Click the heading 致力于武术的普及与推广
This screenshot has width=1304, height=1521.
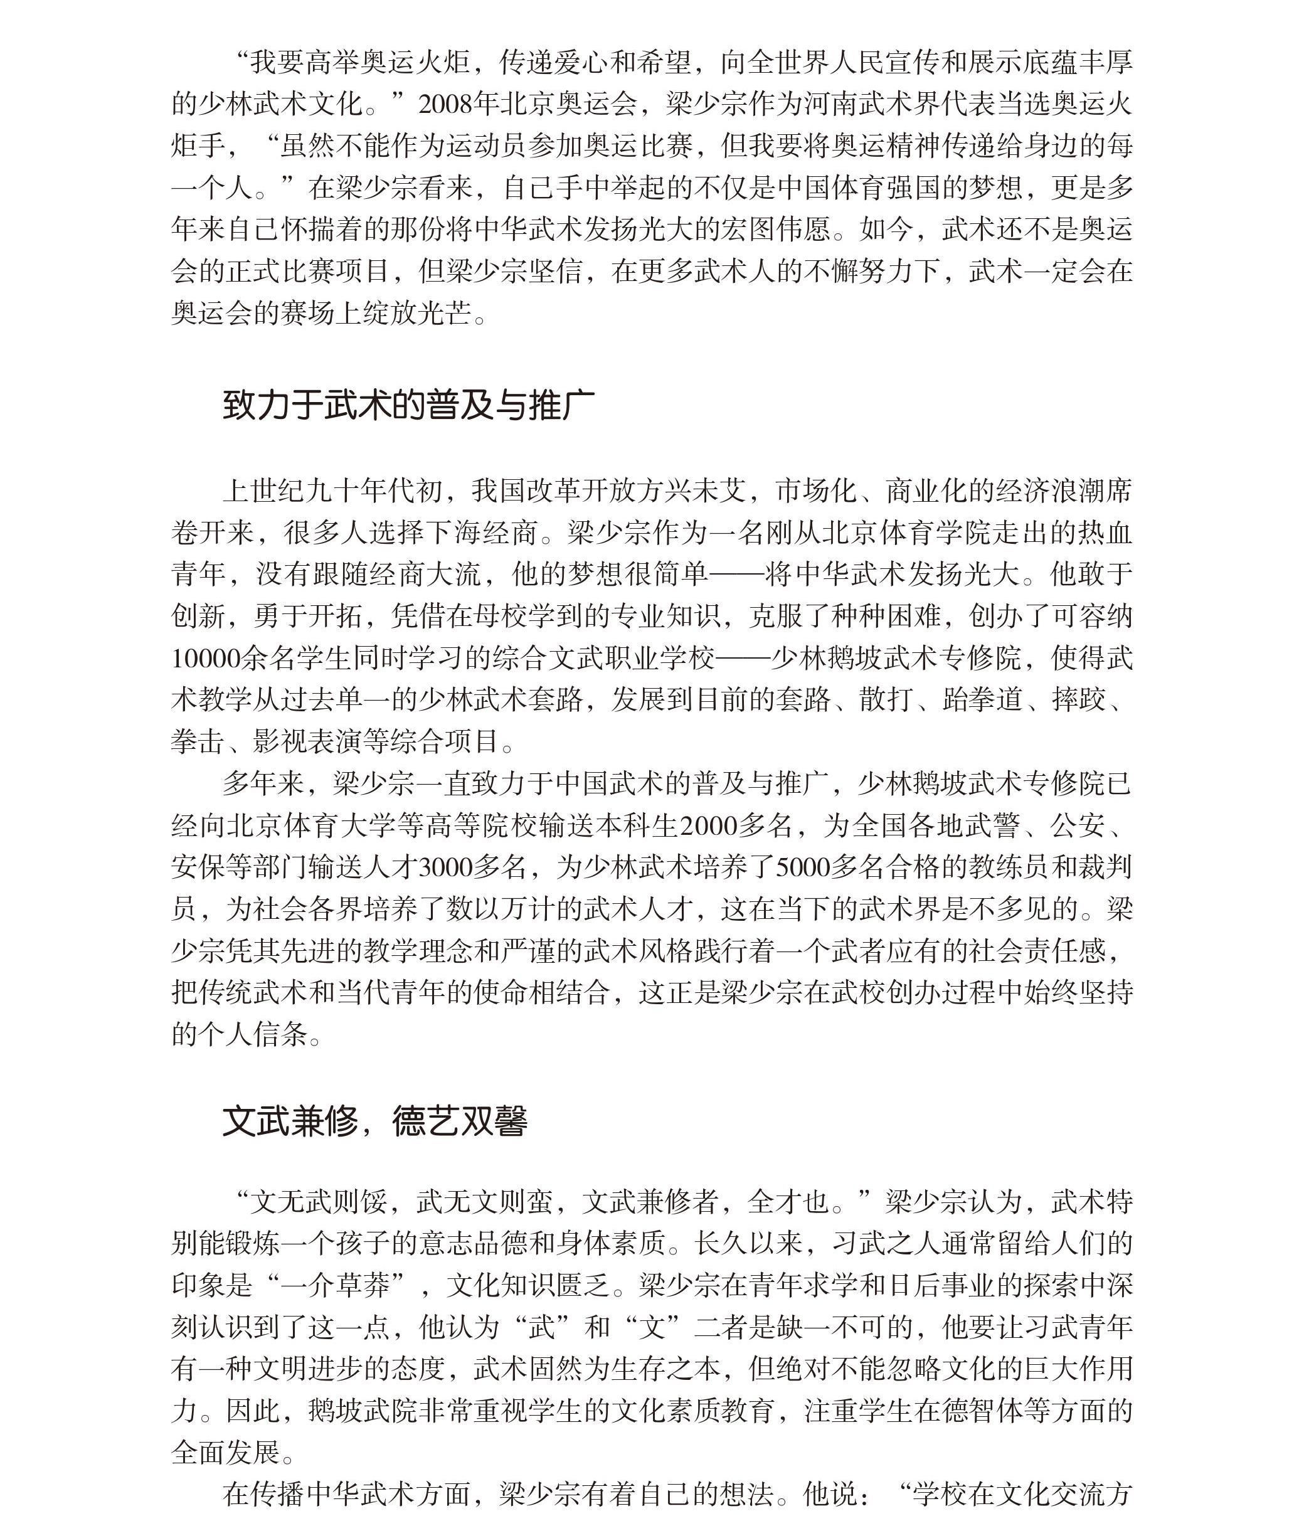(408, 405)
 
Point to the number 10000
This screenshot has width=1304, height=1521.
(206, 658)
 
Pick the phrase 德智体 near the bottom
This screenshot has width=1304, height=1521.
(983, 1410)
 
